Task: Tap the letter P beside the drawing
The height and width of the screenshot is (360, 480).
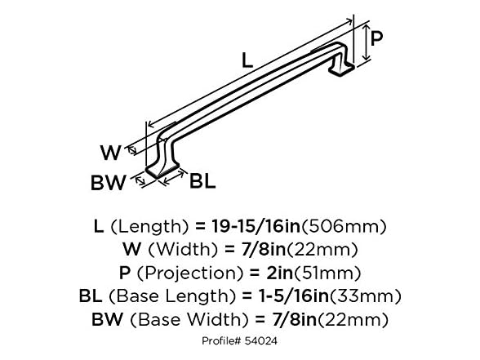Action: pos(376,37)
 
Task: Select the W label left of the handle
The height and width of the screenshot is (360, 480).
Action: pos(111,152)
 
